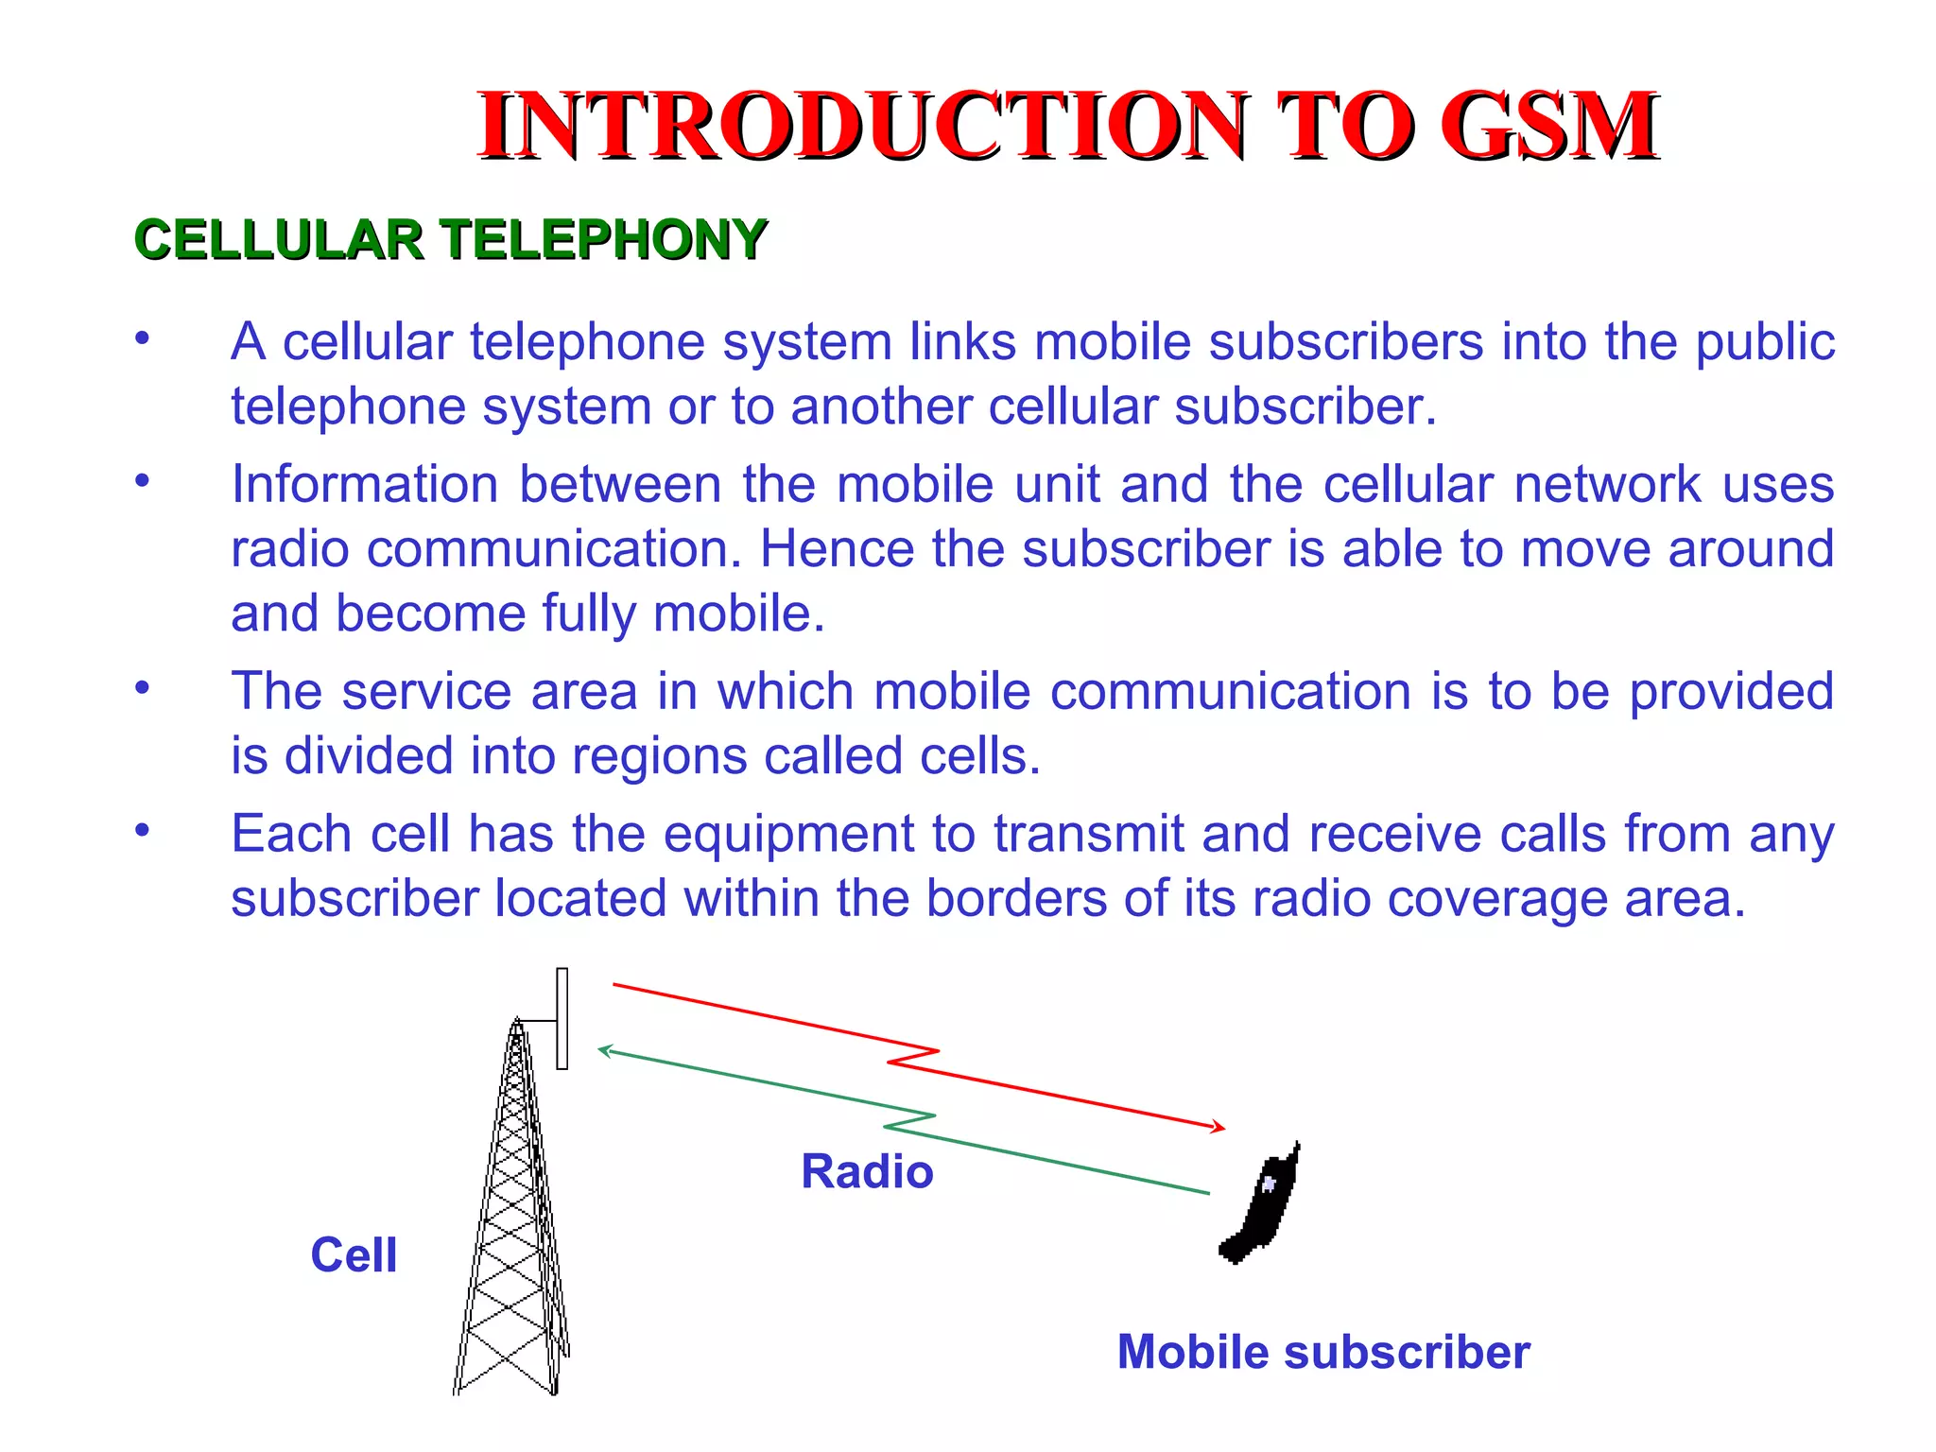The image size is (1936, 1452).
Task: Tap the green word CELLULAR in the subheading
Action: click(279, 239)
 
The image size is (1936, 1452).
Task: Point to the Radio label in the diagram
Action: click(867, 1172)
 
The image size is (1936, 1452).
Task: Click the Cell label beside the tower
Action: click(354, 1255)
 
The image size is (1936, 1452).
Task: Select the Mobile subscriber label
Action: click(1323, 1352)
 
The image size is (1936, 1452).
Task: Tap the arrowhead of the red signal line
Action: click(1220, 1127)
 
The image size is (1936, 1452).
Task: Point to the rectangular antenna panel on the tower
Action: click(562, 1018)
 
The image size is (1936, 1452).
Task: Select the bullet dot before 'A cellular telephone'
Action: click(142, 338)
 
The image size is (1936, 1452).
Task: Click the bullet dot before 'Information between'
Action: click(142, 481)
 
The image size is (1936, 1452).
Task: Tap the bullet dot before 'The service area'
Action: click(142, 687)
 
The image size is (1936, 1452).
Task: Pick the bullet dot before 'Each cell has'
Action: click(142, 830)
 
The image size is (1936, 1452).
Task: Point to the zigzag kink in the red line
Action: click(913, 1057)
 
